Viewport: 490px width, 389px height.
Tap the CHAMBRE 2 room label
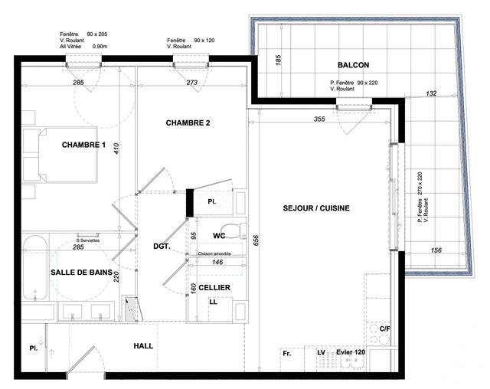click(188, 123)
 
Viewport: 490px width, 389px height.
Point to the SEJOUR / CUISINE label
click(316, 208)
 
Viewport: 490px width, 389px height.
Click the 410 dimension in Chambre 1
click(118, 149)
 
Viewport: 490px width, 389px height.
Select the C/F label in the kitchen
click(385, 329)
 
